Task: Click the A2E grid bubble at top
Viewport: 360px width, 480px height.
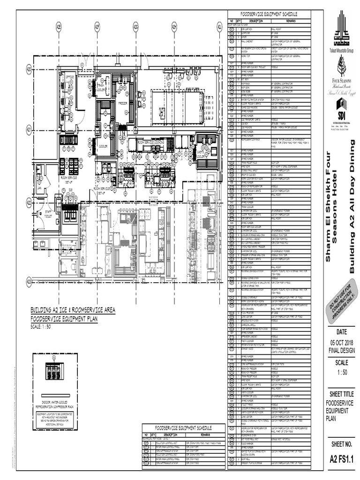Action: pyautogui.click(x=59, y=27)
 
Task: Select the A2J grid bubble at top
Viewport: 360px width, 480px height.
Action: pyautogui.click(x=219, y=27)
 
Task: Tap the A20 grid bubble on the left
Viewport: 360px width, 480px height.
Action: pyautogui.click(x=29, y=70)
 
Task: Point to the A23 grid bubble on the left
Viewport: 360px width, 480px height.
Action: pyautogui.click(x=29, y=281)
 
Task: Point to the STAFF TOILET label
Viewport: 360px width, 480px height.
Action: pyautogui.click(x=48, y=214)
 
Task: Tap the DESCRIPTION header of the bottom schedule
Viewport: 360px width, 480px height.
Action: pyautogui.click(x=165, y=435)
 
